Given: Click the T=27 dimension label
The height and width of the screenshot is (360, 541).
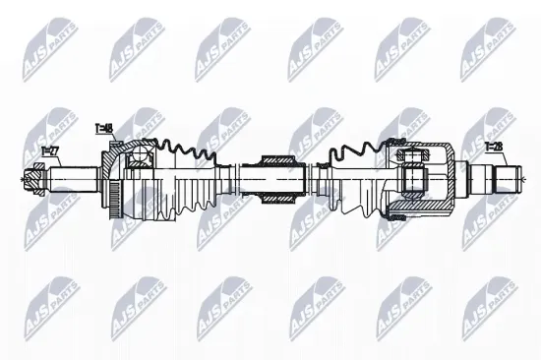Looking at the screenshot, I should coord(50,149).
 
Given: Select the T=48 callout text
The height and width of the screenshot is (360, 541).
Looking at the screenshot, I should coord(104,128).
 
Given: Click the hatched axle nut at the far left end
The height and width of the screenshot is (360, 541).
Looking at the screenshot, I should coord(32,180).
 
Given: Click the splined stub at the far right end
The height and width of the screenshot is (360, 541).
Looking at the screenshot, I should coord(508,179).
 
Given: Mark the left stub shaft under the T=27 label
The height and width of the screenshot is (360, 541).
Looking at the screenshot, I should coord(69,180).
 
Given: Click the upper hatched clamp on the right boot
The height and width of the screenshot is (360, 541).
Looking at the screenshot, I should coord(400,147).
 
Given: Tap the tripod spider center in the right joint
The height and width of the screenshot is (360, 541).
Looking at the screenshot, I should coord(414,179).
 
